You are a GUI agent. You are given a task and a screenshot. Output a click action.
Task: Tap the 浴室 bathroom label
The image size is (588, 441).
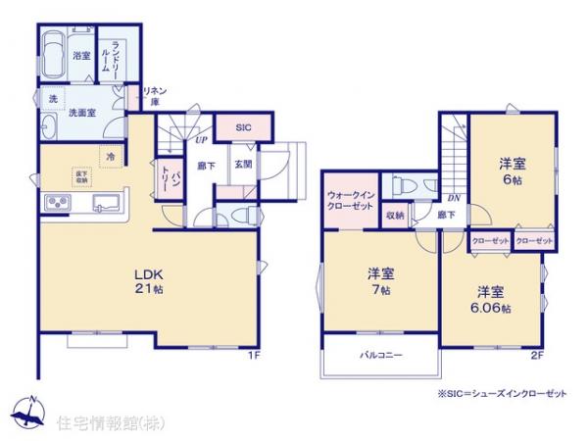pyautogui.click(x=82, y=56)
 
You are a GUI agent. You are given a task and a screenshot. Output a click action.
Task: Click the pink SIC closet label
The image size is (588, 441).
pyautogui.click(x=244, y=127)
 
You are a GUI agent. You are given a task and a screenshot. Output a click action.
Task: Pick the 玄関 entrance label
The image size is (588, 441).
pyautogui.click(x=244, y=165)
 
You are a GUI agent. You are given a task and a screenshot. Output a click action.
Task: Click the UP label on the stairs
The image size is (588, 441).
pyautogui.click(x=199, y=141)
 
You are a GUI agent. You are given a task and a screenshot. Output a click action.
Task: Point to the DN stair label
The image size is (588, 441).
pyautogui.click(x=453, y=195)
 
